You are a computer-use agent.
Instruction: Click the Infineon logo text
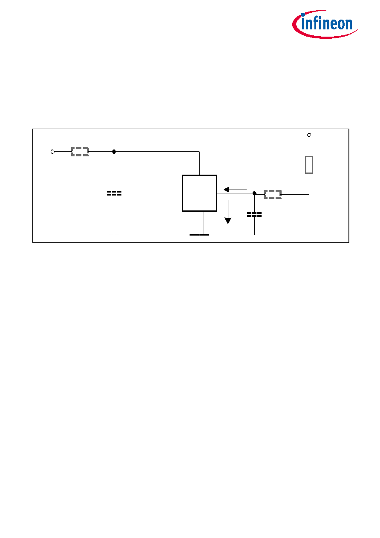(x=327, y=24)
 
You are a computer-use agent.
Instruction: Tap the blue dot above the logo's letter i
(x=303, y=14)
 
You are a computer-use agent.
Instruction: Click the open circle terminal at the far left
(x=52, y=152)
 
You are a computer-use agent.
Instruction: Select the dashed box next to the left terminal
(x=80, y=152)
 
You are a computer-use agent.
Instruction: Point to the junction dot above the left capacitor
(x=114, y=152)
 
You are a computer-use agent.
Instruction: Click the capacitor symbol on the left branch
(x=114, y=193)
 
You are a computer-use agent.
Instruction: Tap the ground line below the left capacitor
(x=114, y=235)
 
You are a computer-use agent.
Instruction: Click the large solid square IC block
(x=200, y=193)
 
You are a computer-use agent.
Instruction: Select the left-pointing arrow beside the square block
(x=235, y=190)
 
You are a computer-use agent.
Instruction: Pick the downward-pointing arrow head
(x=228, y=221)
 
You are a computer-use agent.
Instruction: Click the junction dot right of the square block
(x=254, y=193)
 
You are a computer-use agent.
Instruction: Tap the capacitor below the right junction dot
(x=254, y=215)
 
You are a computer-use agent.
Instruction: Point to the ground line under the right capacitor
(x=254, y=235)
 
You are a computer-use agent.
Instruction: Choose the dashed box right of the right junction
(x=273, y=194)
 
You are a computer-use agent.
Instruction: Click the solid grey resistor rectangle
(x=309, y=165)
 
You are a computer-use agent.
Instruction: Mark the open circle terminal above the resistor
(x=309, y=135)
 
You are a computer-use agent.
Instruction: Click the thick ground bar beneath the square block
(x=199, y=235)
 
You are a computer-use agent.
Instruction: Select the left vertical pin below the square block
(x=194, y=223)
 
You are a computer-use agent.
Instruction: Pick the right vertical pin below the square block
(x=204, y=223)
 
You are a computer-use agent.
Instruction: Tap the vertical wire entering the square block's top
(x=200, y=163)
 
